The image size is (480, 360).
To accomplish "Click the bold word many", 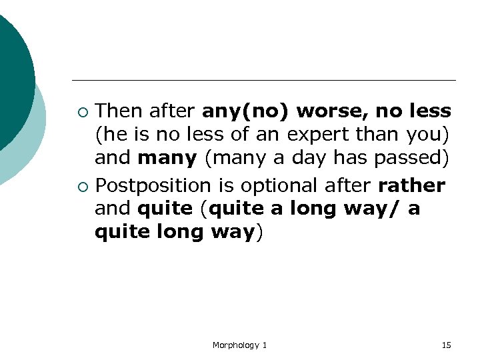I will (x=167, y=159).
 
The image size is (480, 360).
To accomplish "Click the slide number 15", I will (x=446, y=345).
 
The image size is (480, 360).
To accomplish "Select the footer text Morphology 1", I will (x=239, y=345).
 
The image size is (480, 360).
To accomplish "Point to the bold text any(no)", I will (x=248, y=111).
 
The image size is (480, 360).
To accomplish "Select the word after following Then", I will (x=173, y=111).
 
